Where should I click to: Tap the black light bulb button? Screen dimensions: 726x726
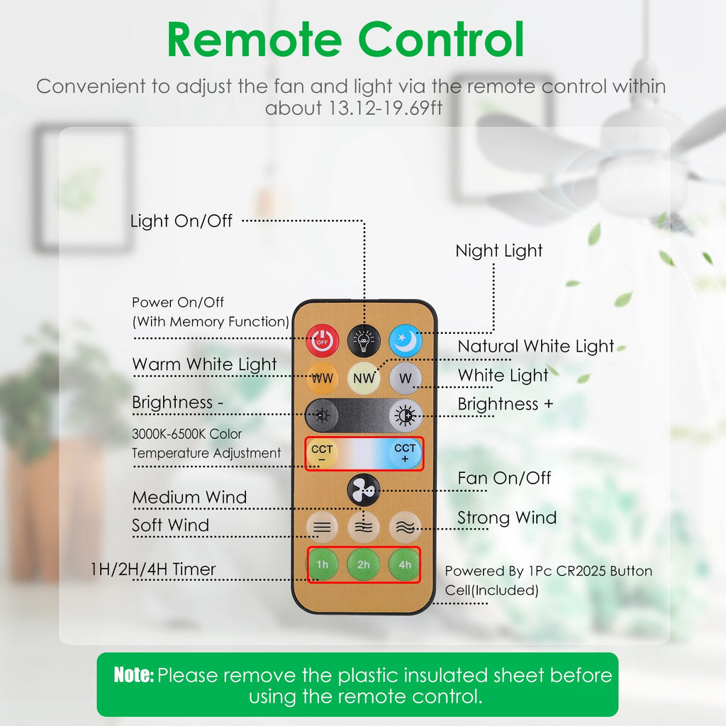pos(364,341)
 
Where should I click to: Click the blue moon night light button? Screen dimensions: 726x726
pos(405,341)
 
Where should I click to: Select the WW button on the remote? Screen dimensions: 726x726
pos(323,378)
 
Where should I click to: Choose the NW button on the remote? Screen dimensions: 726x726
pos(364,378)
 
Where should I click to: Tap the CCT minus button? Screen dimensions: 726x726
pos(323,454)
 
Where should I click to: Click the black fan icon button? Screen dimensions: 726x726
pos(364,489)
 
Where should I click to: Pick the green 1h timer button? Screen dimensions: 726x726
pos(323,565)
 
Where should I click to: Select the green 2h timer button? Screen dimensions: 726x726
pos(364,565)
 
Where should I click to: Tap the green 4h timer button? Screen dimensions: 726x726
pos(405,565)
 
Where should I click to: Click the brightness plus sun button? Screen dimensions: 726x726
pos(406,415)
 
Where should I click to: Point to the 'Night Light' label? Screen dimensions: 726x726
pos(499,251)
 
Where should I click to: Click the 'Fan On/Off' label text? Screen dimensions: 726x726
pos(504,478)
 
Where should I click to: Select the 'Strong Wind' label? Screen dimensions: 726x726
pos(507,518)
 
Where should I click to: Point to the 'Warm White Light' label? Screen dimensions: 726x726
pos(204,364)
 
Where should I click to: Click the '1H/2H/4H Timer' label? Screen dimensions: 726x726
pos(153,569)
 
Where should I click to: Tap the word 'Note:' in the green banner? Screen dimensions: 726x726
pos(134,675)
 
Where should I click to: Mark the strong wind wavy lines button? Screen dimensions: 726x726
pos(405,527)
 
